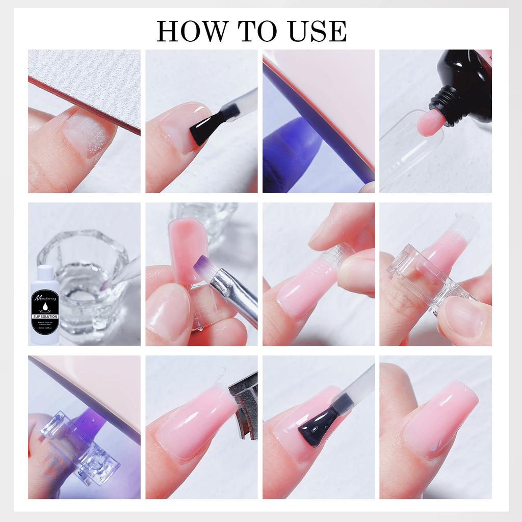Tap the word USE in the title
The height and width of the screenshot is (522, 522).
(316, 32)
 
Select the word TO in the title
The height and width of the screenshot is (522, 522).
(253, 32)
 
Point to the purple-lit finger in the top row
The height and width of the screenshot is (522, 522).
(291, 148)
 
